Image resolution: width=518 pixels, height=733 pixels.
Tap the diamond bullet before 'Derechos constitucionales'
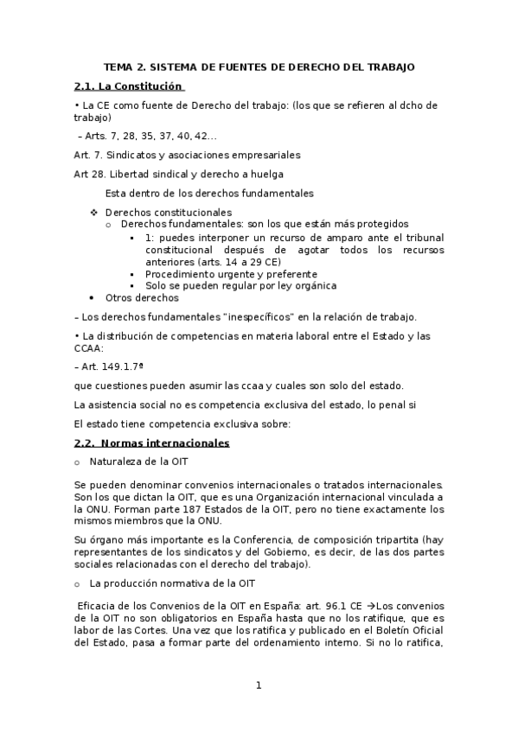tap(94, 212)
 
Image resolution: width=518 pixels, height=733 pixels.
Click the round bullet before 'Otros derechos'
tap(94, 298)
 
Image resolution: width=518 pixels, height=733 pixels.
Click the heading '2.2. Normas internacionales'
tap(152, 443)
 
